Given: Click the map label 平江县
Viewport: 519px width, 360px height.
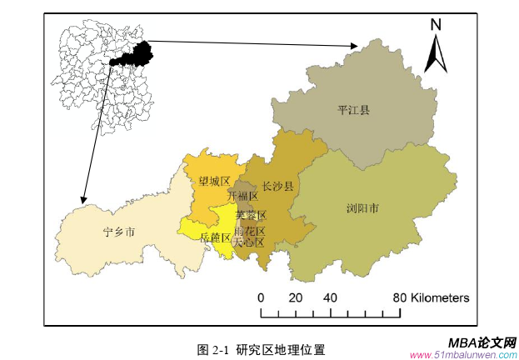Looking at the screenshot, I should [x=353, y=109].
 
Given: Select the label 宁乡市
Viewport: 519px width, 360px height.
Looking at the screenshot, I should [x=118, y=230].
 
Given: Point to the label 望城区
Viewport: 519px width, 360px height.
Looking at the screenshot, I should [x=214, y=180].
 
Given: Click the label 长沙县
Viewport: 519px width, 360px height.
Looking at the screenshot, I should [x=277, y=186].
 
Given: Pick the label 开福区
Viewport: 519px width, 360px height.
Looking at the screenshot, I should [x=242, y=196].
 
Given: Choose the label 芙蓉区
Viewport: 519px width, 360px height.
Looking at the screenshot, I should [x=250, y=214].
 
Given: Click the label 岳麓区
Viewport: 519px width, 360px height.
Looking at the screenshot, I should [x=215, y=237].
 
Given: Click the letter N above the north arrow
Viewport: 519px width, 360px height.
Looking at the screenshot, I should [x=435, y=26].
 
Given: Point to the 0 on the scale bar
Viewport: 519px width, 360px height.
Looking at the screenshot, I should [x=261, y=297].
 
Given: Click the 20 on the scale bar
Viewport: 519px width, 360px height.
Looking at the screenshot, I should [x=295, y=297].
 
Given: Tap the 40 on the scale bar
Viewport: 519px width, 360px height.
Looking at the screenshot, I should [x=330, y=297].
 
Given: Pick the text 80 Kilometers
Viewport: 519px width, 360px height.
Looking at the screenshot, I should [x=431, y=297].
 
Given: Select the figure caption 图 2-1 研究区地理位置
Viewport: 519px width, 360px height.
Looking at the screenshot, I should [x=261, y=348].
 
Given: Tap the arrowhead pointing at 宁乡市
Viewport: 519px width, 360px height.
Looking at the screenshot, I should [x=83, y=200].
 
